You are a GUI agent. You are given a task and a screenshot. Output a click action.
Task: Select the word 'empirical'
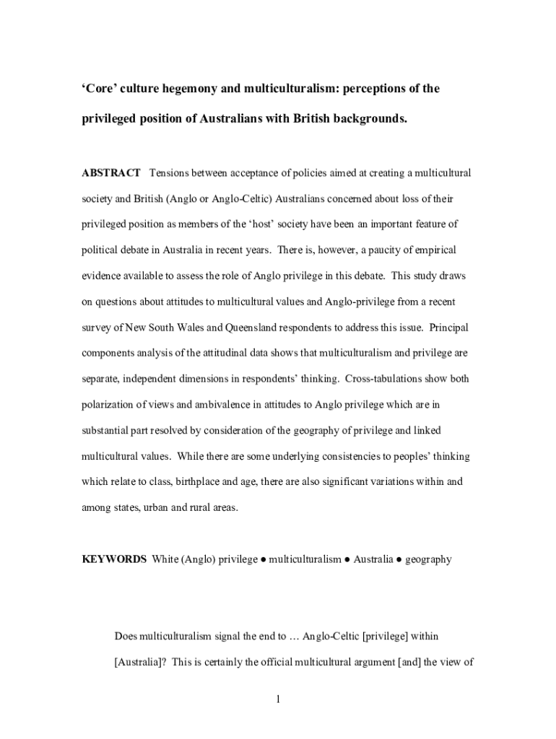pos(433,250)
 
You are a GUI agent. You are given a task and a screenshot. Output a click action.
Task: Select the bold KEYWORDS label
pos(114,559)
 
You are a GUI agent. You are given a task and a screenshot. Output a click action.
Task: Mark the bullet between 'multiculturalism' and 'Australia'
pos(347,559)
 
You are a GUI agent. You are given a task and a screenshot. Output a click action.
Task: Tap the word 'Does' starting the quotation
pos(126,637)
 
